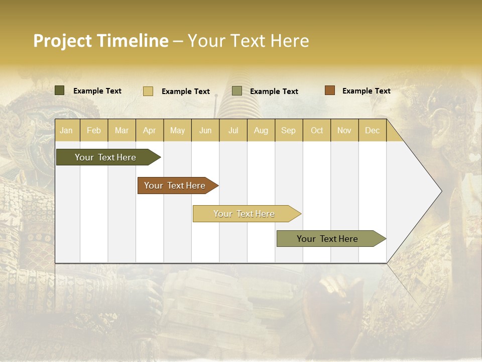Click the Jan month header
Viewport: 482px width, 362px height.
(x=67, y=130)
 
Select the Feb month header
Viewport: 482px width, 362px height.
(x=94, y=130)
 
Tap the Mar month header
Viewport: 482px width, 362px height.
(x=122, y=130)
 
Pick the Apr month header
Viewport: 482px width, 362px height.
(x=150, y=130)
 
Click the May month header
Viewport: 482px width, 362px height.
(x=177, y=130)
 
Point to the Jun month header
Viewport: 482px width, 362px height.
(x=205, y=130)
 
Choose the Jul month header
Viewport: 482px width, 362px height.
(x=233, y=130)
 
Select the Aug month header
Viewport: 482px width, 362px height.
(x=261, y=130)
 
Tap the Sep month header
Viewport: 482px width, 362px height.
(x=289, y=130)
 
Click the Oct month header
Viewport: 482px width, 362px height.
(x=317, y=130)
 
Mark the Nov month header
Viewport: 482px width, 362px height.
(x=344, y=130)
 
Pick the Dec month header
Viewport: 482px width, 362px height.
(x=373, y=130)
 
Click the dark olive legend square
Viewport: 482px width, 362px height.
(x=60, y=90)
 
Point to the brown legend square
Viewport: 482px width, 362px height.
(x=330, y=90)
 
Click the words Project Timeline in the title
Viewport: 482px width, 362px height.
(x=101, y=41)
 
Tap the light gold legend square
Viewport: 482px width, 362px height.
(x=148, y=91)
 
